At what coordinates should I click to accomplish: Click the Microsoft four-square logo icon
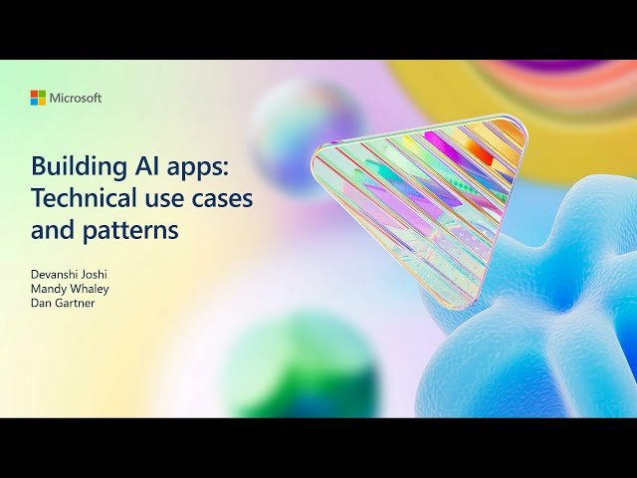coord(38,98)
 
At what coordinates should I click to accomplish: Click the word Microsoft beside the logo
coord(76,98)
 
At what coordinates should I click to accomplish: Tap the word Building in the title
coord(71,166)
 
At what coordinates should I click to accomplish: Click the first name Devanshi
coord(56,273)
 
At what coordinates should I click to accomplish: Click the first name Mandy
coord(50,289)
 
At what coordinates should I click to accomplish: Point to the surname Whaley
coord(91,289)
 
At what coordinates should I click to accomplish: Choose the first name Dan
coord(42,304)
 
